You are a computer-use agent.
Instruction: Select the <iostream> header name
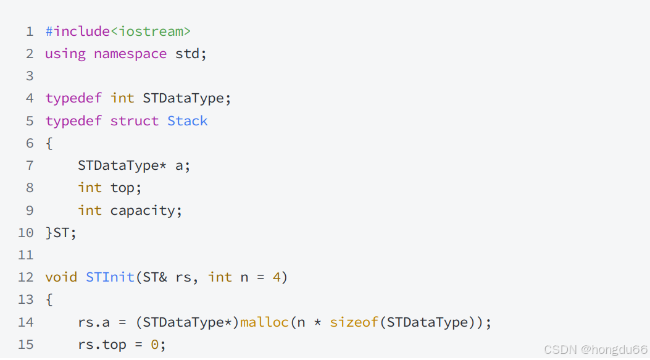[x=151, y=31]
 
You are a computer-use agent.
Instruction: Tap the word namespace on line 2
[x=130, y=54]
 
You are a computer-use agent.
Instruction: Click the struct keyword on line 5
[x=134, y=121]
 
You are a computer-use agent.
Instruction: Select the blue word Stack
[x=188, y=121]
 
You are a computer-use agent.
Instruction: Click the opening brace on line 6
[x=49, y=143]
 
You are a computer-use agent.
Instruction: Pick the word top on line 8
[x=126, y=188]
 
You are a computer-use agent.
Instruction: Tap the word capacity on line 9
[x=143, y=211]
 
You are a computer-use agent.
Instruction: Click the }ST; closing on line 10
[x=60, y=233]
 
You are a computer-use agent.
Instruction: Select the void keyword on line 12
[x=61, y=277]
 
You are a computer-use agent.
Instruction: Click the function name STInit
[x=110, y=277]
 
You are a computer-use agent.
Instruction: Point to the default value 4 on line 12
[x=277, y=277]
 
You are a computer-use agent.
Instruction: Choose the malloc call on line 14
[x=264, y=322]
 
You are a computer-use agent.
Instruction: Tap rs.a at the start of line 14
[x=94, y=322]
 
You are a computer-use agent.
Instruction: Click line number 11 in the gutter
[x=25, y=255]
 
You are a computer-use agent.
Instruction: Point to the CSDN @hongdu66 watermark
[x=595, y=350]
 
